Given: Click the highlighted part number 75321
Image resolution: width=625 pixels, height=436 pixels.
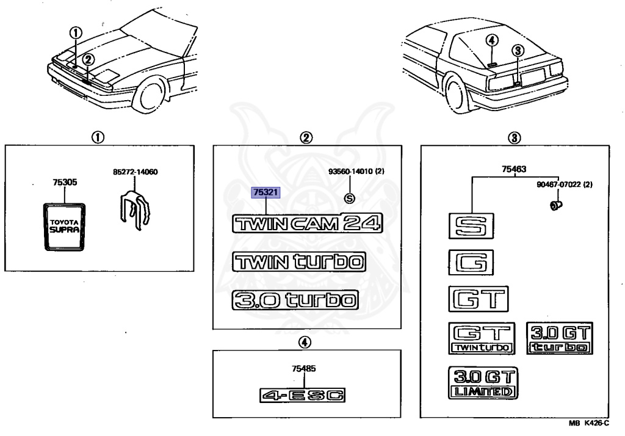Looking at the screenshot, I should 266,192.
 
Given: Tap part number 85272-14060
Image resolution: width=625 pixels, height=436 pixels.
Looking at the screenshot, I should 135,172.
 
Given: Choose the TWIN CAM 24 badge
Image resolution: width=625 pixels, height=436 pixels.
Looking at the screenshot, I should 306,223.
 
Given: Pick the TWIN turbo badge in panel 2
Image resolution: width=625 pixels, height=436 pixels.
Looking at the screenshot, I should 298,262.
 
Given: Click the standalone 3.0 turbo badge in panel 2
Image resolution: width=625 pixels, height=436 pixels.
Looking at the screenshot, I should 294,300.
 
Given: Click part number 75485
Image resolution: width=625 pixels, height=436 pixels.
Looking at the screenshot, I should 303,368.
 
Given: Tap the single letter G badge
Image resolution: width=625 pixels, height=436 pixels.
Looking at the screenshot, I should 471,263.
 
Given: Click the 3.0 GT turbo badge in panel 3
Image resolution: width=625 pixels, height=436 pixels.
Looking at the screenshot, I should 559,338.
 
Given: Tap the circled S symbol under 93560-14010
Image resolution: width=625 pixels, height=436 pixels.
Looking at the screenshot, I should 349,198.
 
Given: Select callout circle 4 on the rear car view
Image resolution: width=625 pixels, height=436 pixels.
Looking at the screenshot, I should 493,40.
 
